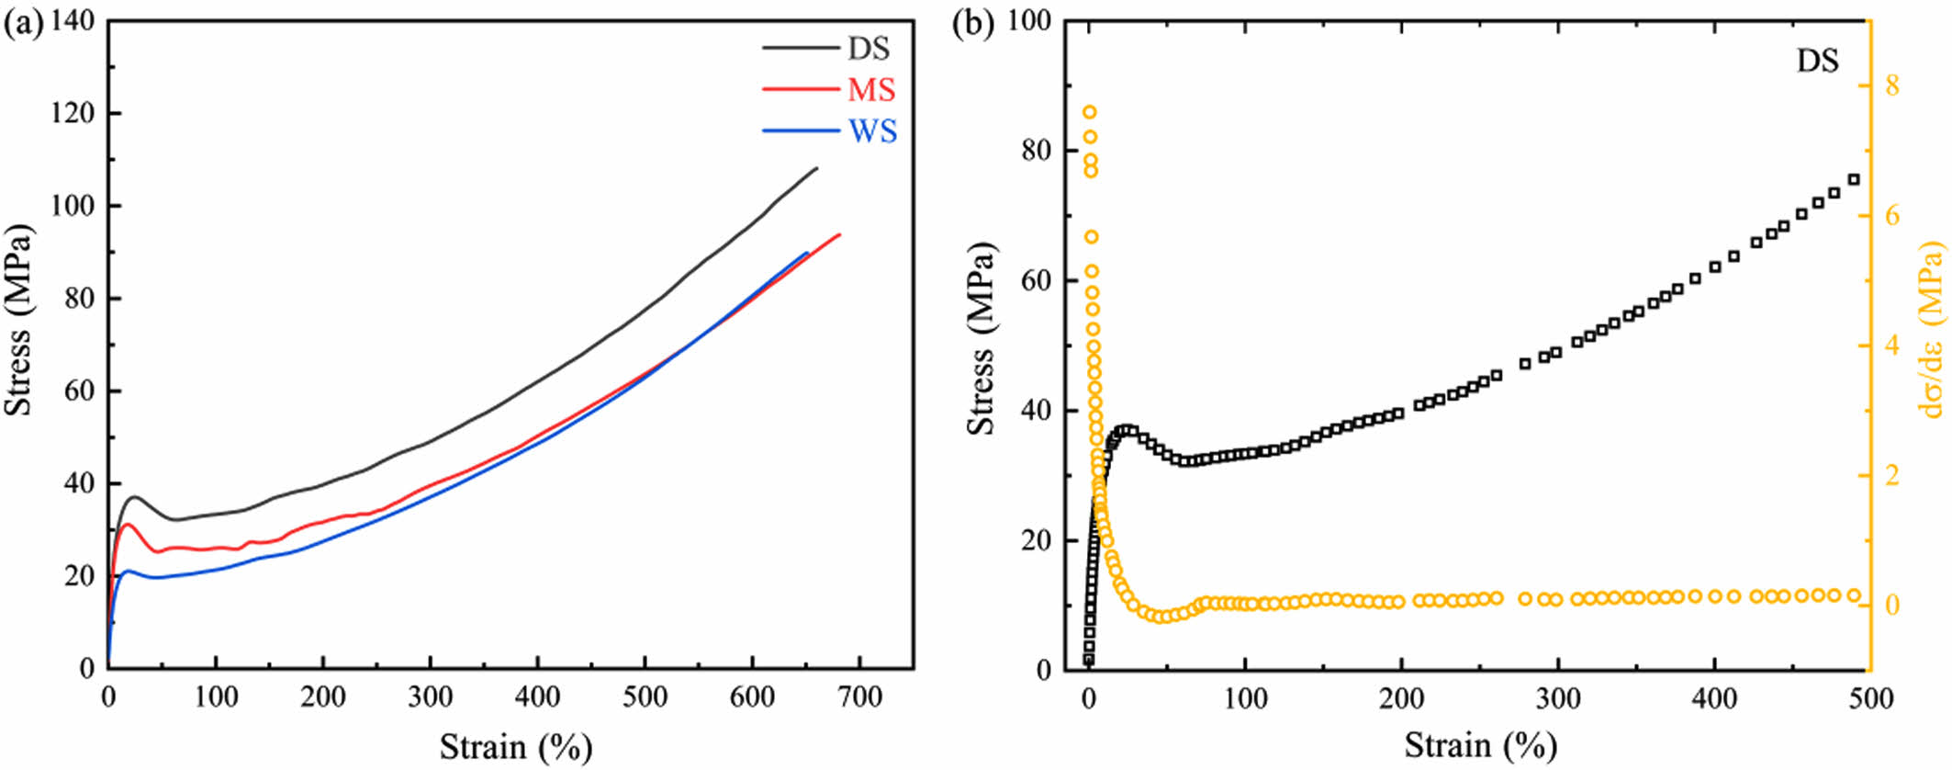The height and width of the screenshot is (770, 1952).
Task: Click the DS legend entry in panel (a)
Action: [868, 49]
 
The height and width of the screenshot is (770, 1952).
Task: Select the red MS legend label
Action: [870, 90]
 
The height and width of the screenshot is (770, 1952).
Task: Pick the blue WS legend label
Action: [872, 131]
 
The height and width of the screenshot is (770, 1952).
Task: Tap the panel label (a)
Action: [23, 24]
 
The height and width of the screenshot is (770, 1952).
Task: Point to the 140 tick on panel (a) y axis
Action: [73, 21]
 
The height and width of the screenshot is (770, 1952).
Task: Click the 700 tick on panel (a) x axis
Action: [860, 697]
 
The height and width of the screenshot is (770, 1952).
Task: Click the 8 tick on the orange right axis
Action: [1891, 86]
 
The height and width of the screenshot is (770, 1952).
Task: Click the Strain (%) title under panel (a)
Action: [515, 746]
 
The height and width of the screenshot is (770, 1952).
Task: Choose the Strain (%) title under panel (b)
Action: [1480, 744]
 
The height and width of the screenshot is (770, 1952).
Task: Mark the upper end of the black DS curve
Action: [816, 168]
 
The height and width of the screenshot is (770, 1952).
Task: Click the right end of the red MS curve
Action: [839, 234]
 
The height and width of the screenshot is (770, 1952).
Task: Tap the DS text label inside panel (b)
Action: [1817, 62]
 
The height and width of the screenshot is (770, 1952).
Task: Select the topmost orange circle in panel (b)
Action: [1090, 112]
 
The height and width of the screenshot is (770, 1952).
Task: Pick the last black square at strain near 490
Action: [1854, 180]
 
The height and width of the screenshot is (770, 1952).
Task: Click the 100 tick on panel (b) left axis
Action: [1031, 21]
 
